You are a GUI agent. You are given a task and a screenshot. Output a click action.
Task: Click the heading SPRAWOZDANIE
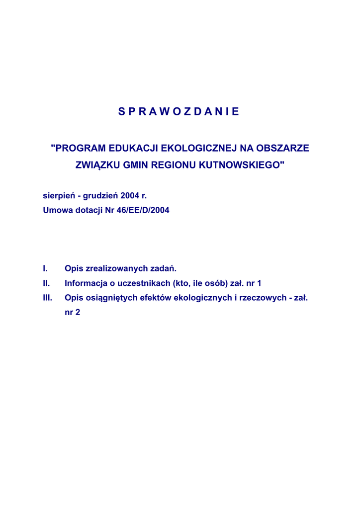179,112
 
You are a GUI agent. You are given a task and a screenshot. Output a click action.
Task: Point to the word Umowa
56,210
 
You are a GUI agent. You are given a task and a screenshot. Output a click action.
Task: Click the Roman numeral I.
45,269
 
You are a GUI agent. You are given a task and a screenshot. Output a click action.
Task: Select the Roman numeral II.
46,283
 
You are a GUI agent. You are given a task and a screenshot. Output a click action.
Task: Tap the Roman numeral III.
47,298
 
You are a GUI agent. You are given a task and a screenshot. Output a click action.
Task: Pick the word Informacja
87,283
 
